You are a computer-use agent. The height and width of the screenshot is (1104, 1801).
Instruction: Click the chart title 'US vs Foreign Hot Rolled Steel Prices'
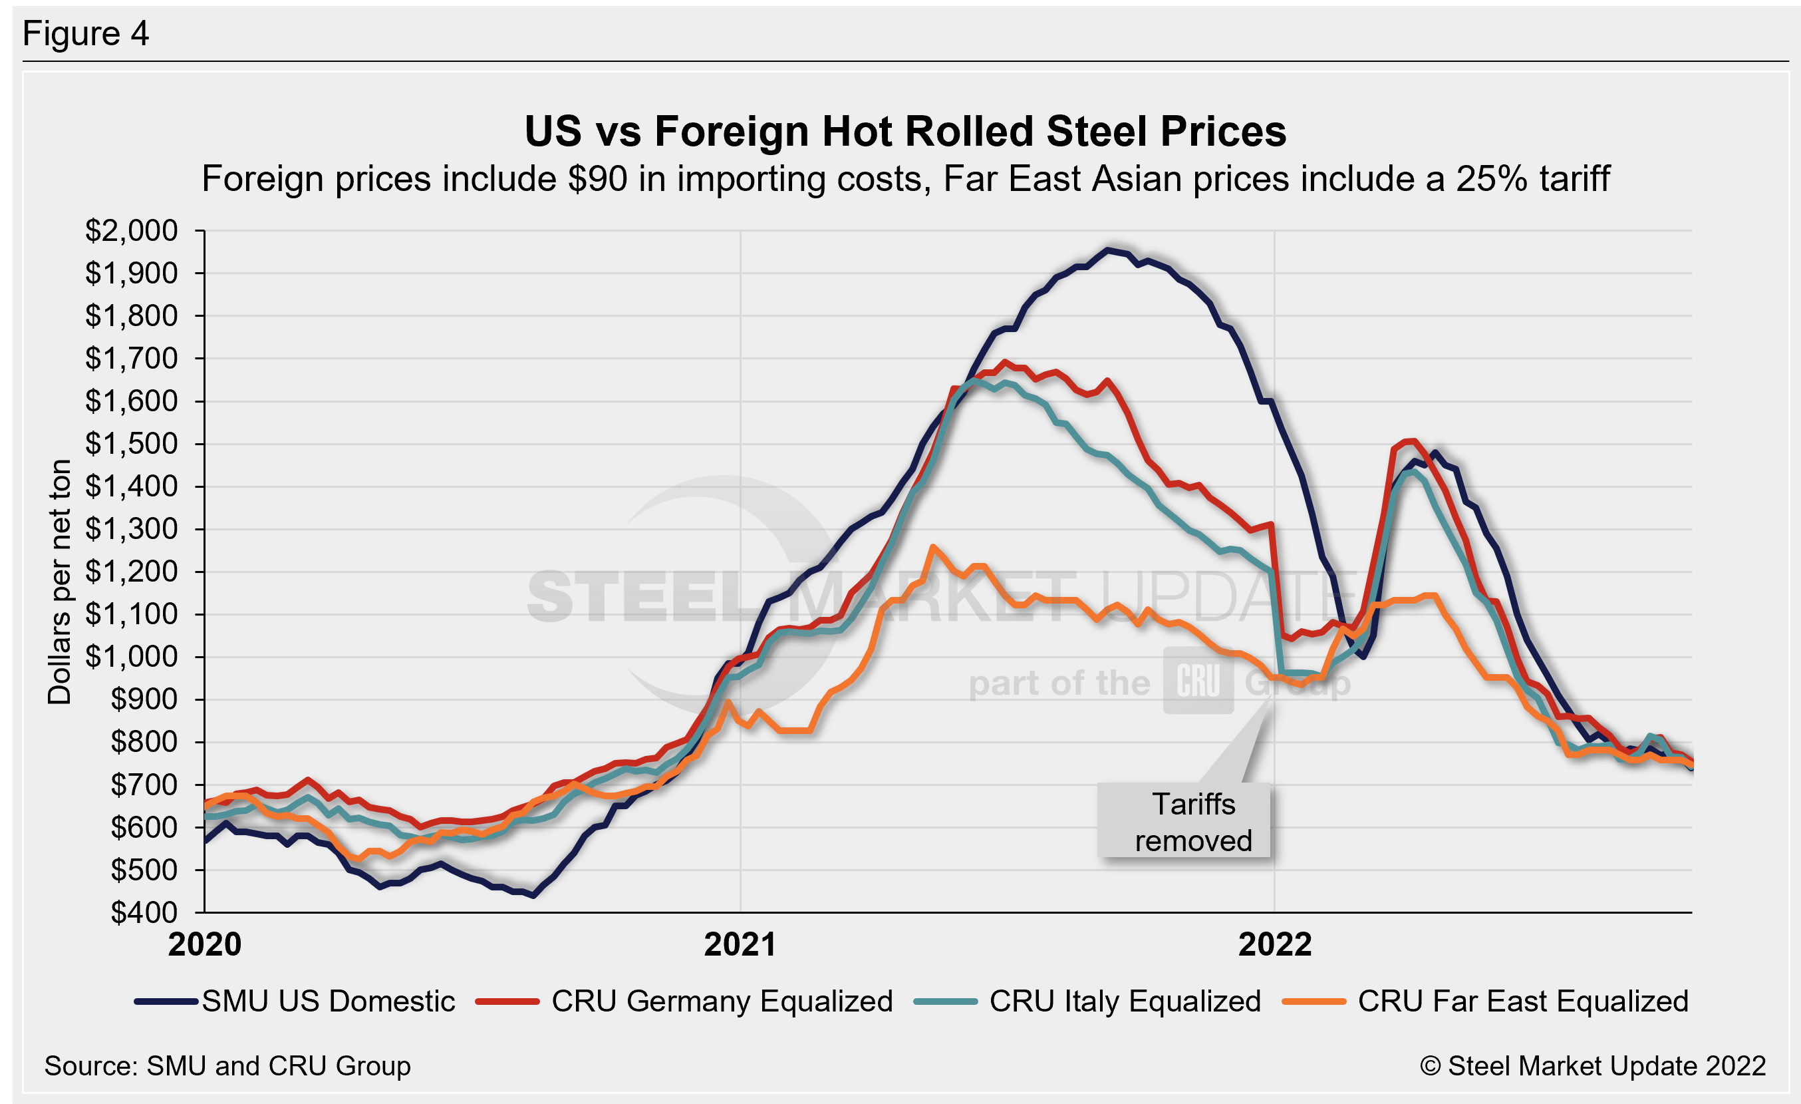[x=905, y=132]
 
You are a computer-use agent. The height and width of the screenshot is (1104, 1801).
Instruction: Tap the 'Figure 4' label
[x=86, y=34]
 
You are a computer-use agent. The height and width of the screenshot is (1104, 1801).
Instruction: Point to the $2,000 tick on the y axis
[x=132, y=231]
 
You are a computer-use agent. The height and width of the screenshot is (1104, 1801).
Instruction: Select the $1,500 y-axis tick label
[x=132, y=444]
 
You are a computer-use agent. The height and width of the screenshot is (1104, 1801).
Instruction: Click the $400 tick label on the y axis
[x=144, y=912]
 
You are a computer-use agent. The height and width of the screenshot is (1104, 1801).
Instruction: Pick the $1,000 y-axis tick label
[x=132, y=657]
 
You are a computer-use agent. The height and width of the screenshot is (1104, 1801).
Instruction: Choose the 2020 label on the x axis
[x=205, y=944]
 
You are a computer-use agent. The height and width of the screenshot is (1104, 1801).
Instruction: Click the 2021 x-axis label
[x=740, y=944]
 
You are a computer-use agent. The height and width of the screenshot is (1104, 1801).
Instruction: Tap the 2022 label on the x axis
[x=1275, y=944]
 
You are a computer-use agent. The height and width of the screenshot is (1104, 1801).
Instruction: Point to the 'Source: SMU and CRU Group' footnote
[x=227, y=1066]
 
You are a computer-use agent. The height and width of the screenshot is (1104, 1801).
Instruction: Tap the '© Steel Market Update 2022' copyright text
[x=1593, y=1066]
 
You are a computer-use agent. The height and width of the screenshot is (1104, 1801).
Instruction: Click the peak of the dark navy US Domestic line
[x=1108, y=250]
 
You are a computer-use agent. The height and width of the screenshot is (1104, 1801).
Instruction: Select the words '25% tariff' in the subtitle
[x=1533, y=179]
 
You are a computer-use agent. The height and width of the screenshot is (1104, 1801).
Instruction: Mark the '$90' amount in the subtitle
[x=597, y=179]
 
